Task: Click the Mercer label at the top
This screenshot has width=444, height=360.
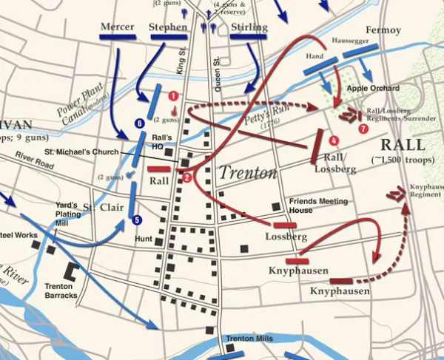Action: point(117,27)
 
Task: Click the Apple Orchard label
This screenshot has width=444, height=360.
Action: point(367,88)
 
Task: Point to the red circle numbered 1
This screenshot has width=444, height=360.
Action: point(173,95)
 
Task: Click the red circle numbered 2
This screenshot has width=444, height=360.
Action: point(187,177)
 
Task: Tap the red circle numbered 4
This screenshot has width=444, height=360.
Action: point(334,140)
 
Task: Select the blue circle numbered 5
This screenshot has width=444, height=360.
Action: point(136,220)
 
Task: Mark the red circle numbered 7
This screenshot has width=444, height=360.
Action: point(363,129)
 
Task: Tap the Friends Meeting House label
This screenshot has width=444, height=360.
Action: point(316,206)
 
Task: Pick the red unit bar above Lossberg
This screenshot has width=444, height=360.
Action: point(285,224)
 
